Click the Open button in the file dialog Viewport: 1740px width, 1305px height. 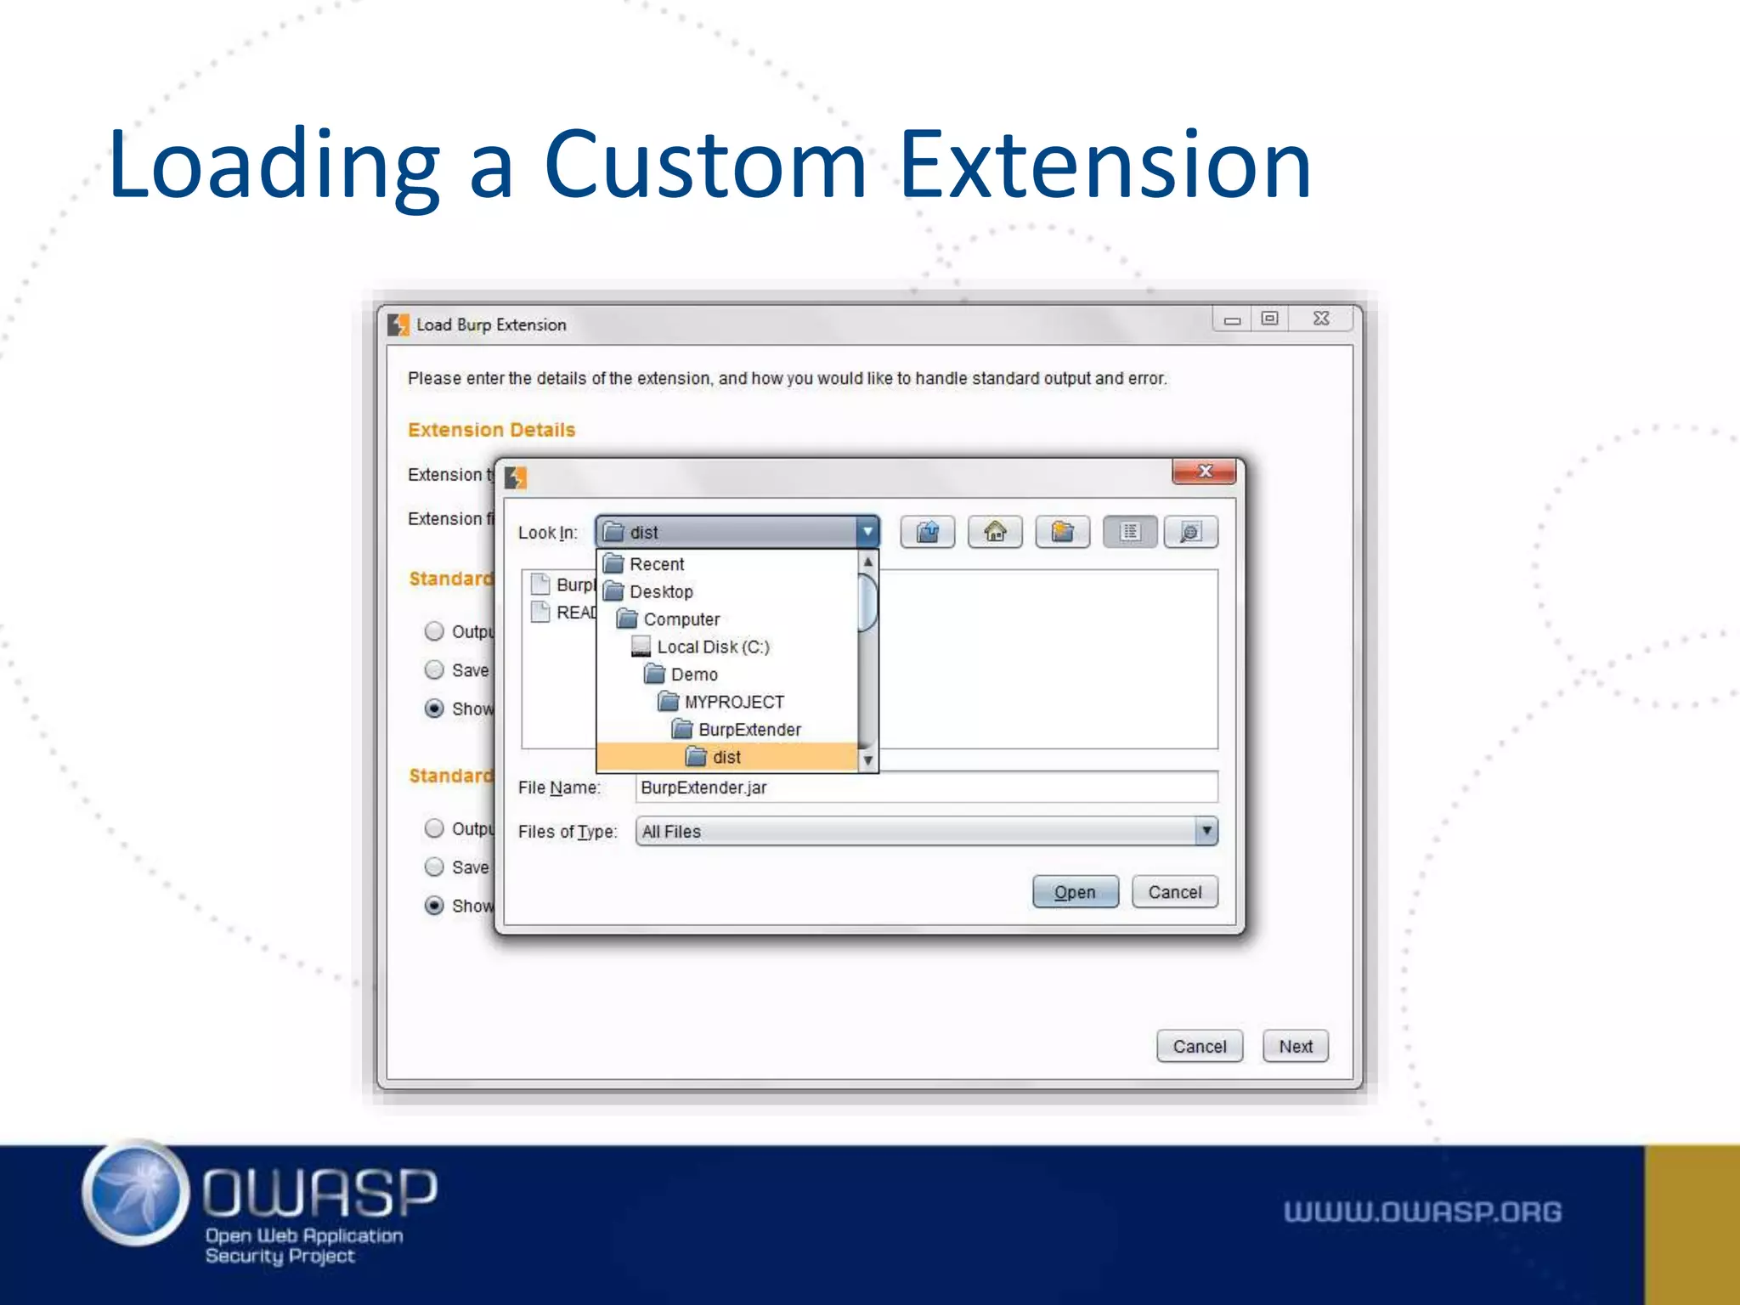pyautogui.click(x=1075, y=892)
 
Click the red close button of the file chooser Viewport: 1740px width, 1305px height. pyautogui.click(x=1204, y=472)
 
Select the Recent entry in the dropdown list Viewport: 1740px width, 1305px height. pyautogui.click(x=656, y=564)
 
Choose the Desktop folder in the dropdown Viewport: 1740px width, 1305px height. pyautogui.click(x=660, y=591)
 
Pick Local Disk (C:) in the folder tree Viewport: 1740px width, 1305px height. pyautogui.click(x=712, y=647)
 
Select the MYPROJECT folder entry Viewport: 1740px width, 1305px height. pyautogui.click(x=733, y=703)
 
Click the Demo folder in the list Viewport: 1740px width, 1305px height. pyautogui.click(x=693, y=675)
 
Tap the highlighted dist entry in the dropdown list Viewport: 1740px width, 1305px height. pyautogui.click(x=726, y=757)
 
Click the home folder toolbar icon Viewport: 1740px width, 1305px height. pyautogui.click(x=995, y=533)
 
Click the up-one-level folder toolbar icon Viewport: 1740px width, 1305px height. pyautogui.click(x=928, y=533)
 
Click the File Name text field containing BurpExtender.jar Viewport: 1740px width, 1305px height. pyautogui.click(x=926, y=788)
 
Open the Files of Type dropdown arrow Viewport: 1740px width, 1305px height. pyautogui.click(x=1206, y=831)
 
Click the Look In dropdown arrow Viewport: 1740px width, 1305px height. pyautogui.click(x=867, y=533)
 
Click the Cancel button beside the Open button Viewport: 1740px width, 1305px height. pyautogui.click(x=1175, y=892)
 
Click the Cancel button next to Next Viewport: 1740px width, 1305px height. pyautogui.click(x=1199, y=1047)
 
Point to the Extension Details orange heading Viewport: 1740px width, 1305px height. pyautogui.click(x=491, y=430)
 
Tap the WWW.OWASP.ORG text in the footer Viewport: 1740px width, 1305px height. pyautogui.click(x=1422, y=1212)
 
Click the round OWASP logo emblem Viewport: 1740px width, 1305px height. pyautogui.click(x=136, y=1193)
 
